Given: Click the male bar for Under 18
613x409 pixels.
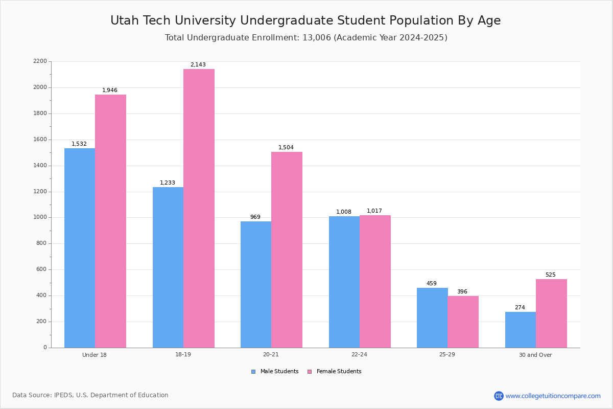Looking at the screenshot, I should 80,248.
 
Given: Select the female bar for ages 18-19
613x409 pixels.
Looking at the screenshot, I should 199,208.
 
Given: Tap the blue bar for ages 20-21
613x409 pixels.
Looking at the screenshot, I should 256,284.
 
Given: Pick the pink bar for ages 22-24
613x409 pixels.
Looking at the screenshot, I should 375,281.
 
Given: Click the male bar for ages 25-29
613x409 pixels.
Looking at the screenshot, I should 432,317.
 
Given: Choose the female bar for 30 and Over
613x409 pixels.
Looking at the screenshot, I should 551,313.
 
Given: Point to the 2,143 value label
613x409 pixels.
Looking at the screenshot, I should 198,65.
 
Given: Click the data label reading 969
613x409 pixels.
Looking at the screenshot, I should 255,217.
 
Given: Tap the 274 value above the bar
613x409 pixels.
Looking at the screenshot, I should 520,308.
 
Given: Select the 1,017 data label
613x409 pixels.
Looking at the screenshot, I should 374,211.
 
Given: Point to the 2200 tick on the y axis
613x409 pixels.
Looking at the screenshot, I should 40,61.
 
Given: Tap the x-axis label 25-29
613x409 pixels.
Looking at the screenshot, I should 447,355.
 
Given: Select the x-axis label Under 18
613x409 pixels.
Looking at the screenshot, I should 95,355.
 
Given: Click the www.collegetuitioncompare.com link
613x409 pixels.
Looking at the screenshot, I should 553,396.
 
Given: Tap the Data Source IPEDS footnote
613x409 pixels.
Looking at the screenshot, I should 90,395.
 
